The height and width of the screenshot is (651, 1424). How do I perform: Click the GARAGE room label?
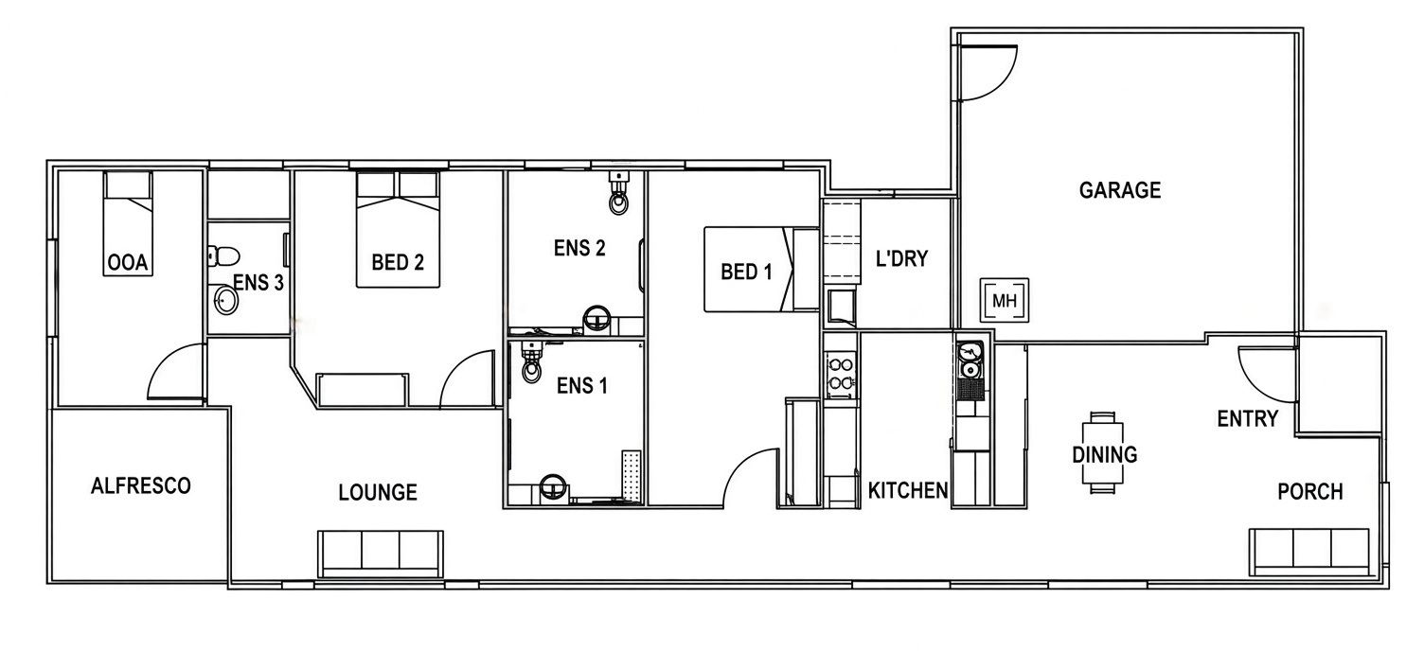pos(1120,190)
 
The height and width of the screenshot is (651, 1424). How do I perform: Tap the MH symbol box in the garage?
pos(1005,300)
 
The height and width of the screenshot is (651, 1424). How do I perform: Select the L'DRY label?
pos(901,258)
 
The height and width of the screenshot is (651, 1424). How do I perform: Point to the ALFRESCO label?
pos(140,485)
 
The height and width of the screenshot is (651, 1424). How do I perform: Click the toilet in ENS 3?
pos(222,256)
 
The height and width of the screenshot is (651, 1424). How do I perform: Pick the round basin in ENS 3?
pos(225,300)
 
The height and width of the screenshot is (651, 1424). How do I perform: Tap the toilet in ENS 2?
pos(618,194)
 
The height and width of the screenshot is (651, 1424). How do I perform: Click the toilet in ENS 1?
pos(531,361)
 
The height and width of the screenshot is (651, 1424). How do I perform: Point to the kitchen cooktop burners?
pos(841,374)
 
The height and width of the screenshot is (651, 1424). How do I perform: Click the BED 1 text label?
pos(746,272)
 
